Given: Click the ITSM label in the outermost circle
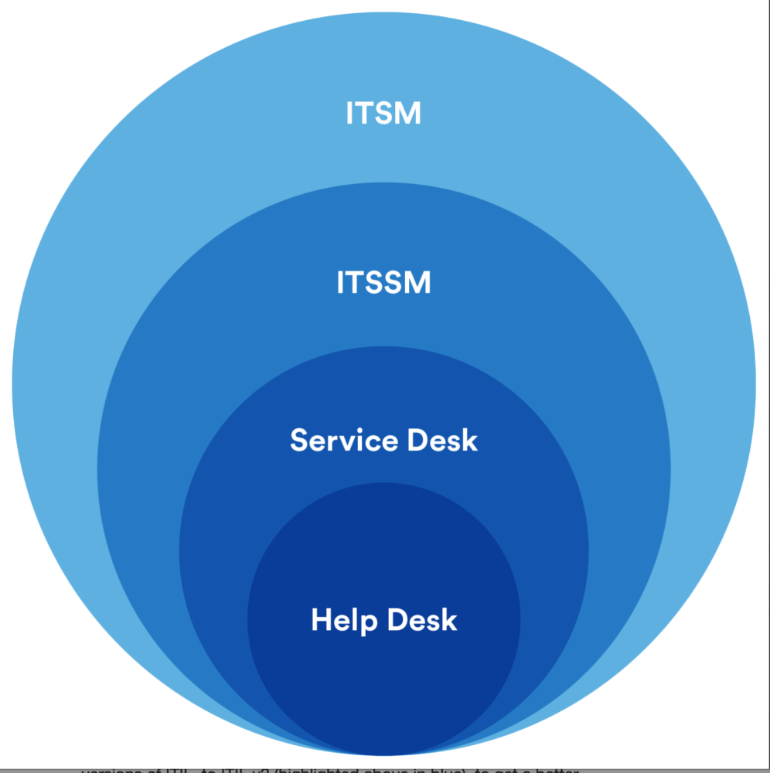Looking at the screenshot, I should click(383, 114).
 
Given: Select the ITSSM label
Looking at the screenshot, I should click(383, 283).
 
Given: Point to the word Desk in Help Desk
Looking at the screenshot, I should click(422, 620).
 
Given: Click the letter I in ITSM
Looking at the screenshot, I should click(349, 114).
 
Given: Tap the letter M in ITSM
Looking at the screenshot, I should click(407, 114).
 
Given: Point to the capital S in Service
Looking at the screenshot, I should click(299, 441).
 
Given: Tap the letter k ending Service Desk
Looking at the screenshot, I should click(470, 441).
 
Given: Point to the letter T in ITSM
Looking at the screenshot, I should click(363, 114).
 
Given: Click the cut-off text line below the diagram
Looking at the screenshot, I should click(329, 769).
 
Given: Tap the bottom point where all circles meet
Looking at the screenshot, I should click(384, 754).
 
